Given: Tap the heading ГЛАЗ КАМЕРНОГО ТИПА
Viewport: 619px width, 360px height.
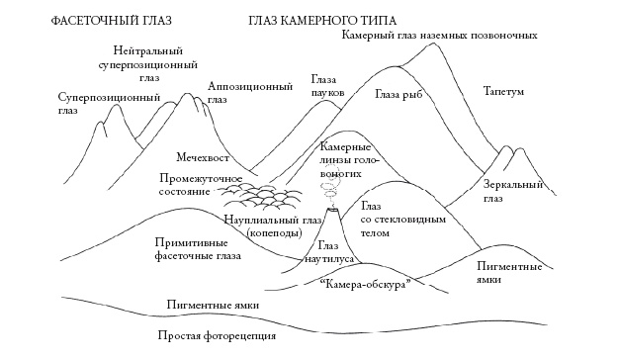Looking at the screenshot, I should tap(310, 20).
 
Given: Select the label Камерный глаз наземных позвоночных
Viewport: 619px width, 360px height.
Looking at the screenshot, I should tap(438, 36).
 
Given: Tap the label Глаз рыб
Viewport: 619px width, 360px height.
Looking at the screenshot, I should tap(398, 96).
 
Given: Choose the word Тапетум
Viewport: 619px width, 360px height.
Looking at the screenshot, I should tap(503, 91).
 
